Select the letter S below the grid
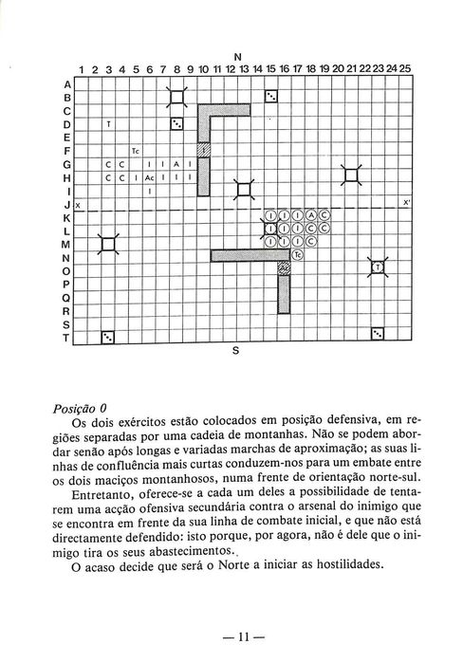tap(236, 350)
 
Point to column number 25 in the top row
tap(405, 68)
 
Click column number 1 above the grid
tap(82, 68)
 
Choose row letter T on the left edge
tap(66, 337)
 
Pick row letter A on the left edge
tap(66, 83)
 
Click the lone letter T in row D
tap(108, 123)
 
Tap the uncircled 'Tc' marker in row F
tap(136, 150)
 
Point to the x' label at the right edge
tap(406, 203)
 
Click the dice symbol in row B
tap(270, 96)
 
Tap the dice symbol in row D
tap(176, 123)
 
